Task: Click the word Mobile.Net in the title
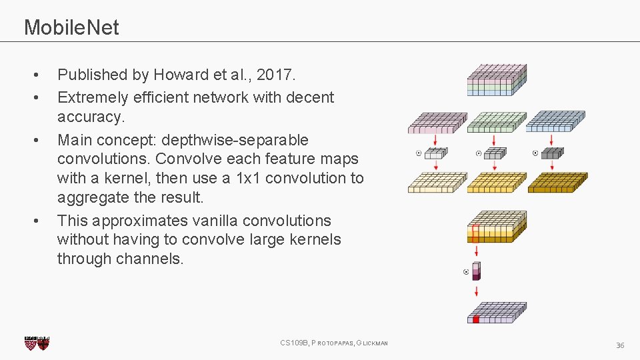click(71, 27)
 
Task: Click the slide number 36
click(620, 345)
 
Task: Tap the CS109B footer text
click(294, 343)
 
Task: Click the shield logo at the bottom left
click(37, 343)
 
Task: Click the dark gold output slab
click(557, 182)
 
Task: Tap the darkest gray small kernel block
click(552, 153)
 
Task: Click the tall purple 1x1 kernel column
click(476, 271)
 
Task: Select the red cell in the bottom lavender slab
click(476, 319)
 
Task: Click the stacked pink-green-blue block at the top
click(496, 80)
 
